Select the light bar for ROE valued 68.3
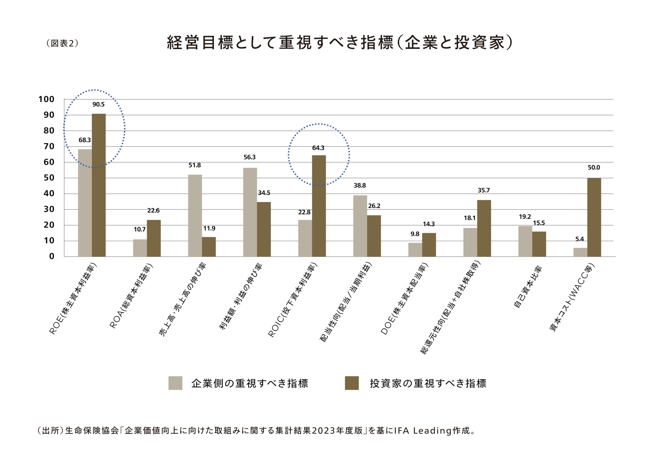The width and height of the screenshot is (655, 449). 85,203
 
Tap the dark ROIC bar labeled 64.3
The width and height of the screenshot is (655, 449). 319,206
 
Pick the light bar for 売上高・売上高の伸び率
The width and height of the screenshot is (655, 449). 195,216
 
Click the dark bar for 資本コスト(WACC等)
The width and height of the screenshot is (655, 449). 594,217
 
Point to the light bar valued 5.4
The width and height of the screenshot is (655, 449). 580,252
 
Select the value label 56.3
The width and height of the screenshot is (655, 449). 249,157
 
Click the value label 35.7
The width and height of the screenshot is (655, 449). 484,190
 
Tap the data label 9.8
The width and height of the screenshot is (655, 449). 415,234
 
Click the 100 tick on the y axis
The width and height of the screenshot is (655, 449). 47,99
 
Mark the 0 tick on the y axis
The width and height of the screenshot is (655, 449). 52,256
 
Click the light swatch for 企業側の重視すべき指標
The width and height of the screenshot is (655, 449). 175,383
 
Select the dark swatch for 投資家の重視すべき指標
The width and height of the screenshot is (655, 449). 352,383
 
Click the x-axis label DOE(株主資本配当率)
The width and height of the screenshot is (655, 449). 405,299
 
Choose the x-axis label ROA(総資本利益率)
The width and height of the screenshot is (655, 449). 131,296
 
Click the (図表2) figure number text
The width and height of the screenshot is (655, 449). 62,43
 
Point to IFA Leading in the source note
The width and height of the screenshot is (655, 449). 422,431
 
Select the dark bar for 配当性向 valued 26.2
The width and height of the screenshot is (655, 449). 374,236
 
